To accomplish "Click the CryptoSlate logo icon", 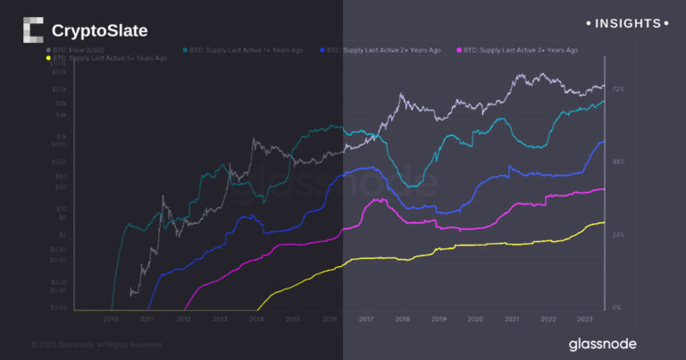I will pos(34,30).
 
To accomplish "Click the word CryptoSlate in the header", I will pos(99,31).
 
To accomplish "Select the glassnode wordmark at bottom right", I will pos(605,344).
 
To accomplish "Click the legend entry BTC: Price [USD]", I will pos(79,50).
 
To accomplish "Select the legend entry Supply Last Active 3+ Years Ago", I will pos(518,50).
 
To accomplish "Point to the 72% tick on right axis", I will pos(617,89).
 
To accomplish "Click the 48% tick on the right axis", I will pos(617,162).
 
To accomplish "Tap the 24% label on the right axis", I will pos(617,235).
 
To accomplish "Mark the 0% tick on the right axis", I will pos(615,307).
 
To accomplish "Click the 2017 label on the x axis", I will pos(365,318).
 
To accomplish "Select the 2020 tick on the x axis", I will pos(475,318).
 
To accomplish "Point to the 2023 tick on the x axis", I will pos(584,318).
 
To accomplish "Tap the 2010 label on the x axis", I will pos(111,318).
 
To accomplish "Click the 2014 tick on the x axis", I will pos(256,318).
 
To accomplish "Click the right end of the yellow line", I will pos(604,222).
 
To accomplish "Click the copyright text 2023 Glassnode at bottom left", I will pos(97,344).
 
